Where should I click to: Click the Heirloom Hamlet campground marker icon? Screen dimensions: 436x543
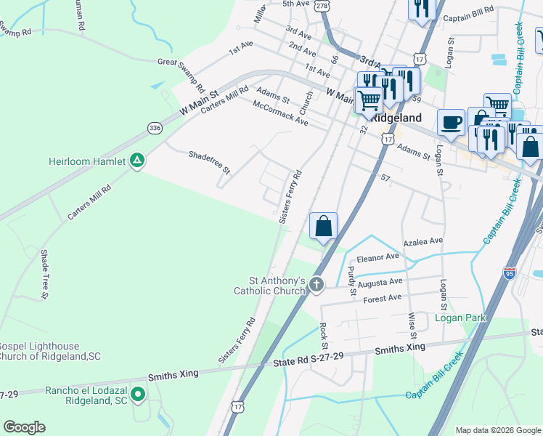136,161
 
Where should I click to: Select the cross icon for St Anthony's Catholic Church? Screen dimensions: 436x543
316,285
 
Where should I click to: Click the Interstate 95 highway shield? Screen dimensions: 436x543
510,273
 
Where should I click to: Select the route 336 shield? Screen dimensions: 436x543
155,128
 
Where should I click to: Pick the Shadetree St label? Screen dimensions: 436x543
209,163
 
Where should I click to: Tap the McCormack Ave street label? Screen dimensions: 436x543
280,113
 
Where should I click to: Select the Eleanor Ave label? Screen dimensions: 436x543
377,257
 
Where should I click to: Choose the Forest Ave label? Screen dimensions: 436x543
382,298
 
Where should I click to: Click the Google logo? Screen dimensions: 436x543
24,427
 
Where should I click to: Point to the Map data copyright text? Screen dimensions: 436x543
497,430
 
